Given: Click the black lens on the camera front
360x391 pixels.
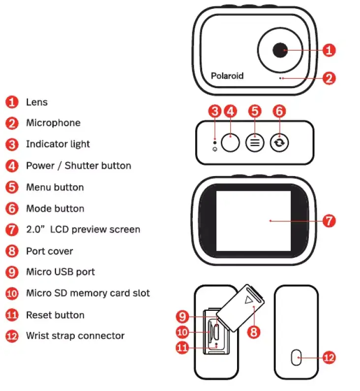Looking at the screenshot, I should pyautogui.click(x=279, y=50).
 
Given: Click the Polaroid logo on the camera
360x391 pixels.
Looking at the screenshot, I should pyautogui.click(x=227, y=76).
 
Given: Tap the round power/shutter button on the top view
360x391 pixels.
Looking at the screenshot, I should pyautogui.click(x=230, y=143).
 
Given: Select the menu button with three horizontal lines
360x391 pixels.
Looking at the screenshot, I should pyautogui.click(x=255, y=143).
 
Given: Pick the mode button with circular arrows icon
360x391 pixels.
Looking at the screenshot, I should pyautogui.click(x=279, y=143).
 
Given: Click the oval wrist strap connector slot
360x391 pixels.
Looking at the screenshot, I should pyautogui.click(x=296, y=357).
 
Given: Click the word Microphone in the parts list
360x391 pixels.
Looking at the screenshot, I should pyautogui.click(x=53, y=123).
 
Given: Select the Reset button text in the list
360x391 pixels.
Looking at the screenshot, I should pyautogui.click(x=55, y=315).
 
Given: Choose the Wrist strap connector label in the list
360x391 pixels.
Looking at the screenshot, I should pyautogui.click(x=75, y=336).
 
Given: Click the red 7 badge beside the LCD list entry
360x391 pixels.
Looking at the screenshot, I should pyautogui.click(x=12, y=230).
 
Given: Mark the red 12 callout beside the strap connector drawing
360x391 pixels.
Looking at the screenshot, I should pyautogui.click(x=329, y=357).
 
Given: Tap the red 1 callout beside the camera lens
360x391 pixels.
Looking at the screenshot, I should pyautogui.click(x=329, y=50).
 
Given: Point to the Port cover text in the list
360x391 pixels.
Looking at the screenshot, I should pyautogui.click(x=49, y=251).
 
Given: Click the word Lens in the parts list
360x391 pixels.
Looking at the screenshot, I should pyautogui.click(x=37, y=102).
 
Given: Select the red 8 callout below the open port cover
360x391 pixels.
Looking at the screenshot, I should pyautogui.click(x=253, y=331).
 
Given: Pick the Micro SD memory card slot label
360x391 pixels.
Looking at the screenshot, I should pyautogui.click(x=88, y=293).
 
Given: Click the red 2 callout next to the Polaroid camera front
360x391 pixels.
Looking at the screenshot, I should pyautogui.click(x=329, y=78).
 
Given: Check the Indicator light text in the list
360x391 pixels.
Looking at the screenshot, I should pyautogui.click(x=58, y=144).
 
